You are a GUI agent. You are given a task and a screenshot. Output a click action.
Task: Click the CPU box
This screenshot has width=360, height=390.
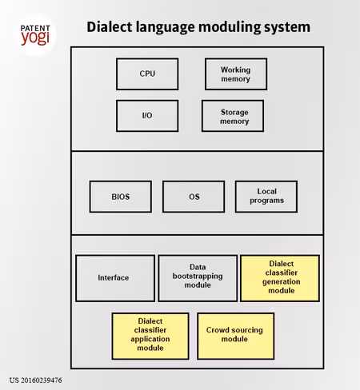tap(147, 74)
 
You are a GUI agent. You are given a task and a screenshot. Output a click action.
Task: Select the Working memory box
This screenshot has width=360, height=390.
tap(236, 74)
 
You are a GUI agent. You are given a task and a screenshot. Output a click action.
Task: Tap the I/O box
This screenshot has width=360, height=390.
tap(147, 116)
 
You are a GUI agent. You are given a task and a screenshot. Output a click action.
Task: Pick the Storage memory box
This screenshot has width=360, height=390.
tap(233, 116)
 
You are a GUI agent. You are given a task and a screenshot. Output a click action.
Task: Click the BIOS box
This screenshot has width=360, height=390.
tap(121, 197)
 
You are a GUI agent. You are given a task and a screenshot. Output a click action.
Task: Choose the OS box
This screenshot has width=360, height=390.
tap(194, 197)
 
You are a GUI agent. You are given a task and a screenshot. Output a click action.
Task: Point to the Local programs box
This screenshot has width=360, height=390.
tap(266, 197)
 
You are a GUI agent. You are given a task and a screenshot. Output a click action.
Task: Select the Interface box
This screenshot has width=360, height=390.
tap(115, 278)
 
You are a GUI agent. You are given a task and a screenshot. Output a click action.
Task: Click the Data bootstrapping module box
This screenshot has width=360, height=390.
tap(198, 278)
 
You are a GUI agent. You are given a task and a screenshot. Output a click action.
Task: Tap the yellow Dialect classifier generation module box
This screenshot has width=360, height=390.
tap(280, 278)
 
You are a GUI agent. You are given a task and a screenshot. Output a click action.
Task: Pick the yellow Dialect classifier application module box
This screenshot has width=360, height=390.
tap(150, 336)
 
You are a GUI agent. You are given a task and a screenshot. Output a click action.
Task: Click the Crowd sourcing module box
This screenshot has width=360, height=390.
tap(236, 336)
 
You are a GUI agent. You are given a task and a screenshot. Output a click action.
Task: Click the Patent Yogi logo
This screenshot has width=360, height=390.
tap(35, 35)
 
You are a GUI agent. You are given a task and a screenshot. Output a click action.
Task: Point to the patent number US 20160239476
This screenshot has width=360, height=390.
tap(36, 380)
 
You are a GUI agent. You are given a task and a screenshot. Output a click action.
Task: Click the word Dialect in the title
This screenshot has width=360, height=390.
tap(110, 27)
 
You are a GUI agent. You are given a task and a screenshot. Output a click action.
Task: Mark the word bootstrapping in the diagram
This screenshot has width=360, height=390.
tap(198, 277)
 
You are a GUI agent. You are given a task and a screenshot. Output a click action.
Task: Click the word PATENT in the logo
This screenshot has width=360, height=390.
tap(35, 28)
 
